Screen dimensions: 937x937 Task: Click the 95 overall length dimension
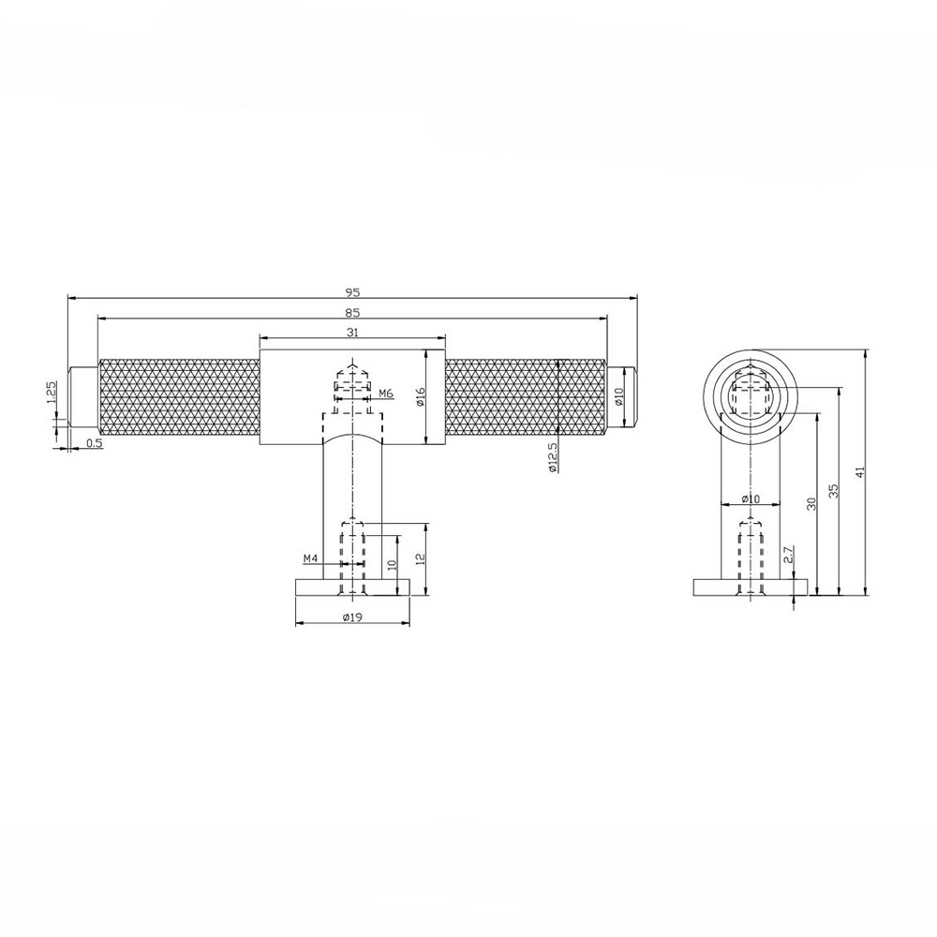352,291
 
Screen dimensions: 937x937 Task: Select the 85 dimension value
352,312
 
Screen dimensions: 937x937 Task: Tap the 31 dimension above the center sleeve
352,332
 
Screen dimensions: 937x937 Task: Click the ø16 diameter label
421,396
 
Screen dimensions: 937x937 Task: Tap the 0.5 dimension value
94,443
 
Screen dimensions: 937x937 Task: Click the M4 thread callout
312,559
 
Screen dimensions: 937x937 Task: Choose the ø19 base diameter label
352,617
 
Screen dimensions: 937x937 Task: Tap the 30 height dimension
811,504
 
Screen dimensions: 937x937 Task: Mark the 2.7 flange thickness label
788,556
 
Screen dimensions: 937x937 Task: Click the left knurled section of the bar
178,396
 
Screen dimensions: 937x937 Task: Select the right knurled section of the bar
525,396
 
